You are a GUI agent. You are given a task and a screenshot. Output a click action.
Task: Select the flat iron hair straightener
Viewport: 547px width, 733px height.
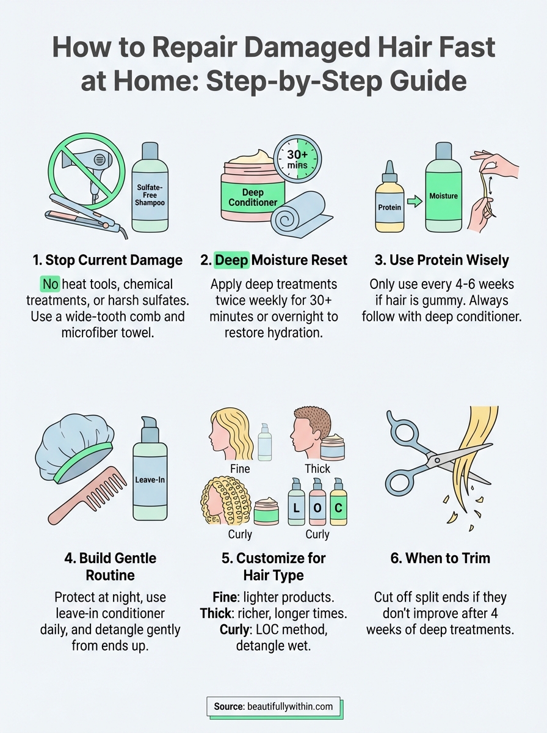(x=85, y=214)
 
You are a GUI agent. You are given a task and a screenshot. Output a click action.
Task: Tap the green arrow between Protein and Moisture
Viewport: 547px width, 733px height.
(x=415, y=202)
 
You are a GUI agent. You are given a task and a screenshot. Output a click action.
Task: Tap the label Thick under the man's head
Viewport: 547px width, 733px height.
(x=317, y=469)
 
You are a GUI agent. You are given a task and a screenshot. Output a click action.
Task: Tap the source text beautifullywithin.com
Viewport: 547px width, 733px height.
(x=290, y=707)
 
